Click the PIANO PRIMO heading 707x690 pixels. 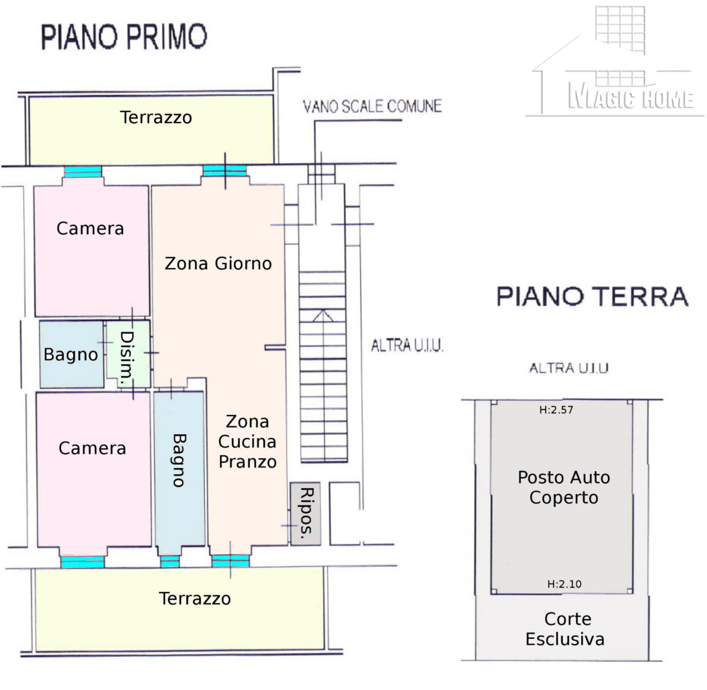pos(124,37)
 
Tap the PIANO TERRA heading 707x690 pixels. pos(592,296)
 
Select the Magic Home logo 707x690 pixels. pos(614,61)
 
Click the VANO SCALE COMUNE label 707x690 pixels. pos(372,106)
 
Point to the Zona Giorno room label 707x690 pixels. pos(218,263)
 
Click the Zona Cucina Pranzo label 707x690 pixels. pos(247,441)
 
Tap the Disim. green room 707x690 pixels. pos(128,354)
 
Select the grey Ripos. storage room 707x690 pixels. pos(305,513)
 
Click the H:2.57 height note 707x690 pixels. pos(556,410)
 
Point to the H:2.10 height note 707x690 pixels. pos(564,584)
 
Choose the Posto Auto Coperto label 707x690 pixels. pos(564,487)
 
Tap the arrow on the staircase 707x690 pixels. pos(322,316)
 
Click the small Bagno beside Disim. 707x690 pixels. pos(72,354)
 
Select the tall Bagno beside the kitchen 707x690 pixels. pos(179,469)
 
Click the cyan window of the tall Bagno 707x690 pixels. pos(170,562)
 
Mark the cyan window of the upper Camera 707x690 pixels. pos(83,171)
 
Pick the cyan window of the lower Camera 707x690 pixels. pos(83,562)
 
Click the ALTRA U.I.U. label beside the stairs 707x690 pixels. pos(407,346)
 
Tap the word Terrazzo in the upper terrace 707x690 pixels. pos(156,117)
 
